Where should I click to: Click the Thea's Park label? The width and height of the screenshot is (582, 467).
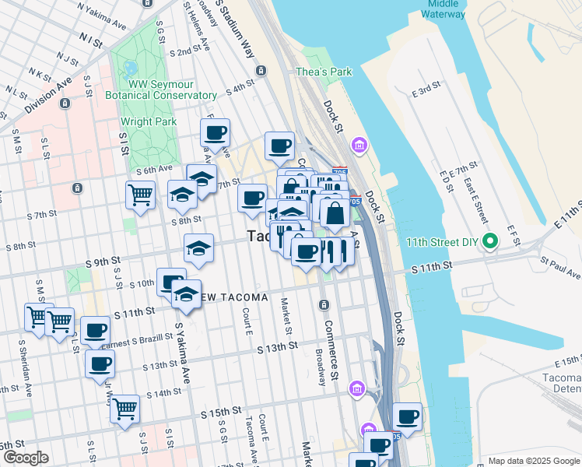pyautogui.click(x=324, y=72)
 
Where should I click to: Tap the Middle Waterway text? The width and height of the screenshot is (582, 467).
pyautogui.click(x=444, y=9)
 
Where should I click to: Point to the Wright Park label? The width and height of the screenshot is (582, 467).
pyautogui.click(x=148, y=121)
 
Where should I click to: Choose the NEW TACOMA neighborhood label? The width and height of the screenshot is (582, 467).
pyautogui.click(x=233, y=298)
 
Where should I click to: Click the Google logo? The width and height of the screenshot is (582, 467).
pyautogui.click(x=25, y=458)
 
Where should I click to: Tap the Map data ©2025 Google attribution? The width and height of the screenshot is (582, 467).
pyautogui.click(x=533, y=461)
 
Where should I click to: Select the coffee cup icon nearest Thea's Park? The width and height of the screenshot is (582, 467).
pyautogui.click(x=279, y=145)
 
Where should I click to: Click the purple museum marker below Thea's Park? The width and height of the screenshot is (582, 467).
pyautogui.click(x=359, y=145)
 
